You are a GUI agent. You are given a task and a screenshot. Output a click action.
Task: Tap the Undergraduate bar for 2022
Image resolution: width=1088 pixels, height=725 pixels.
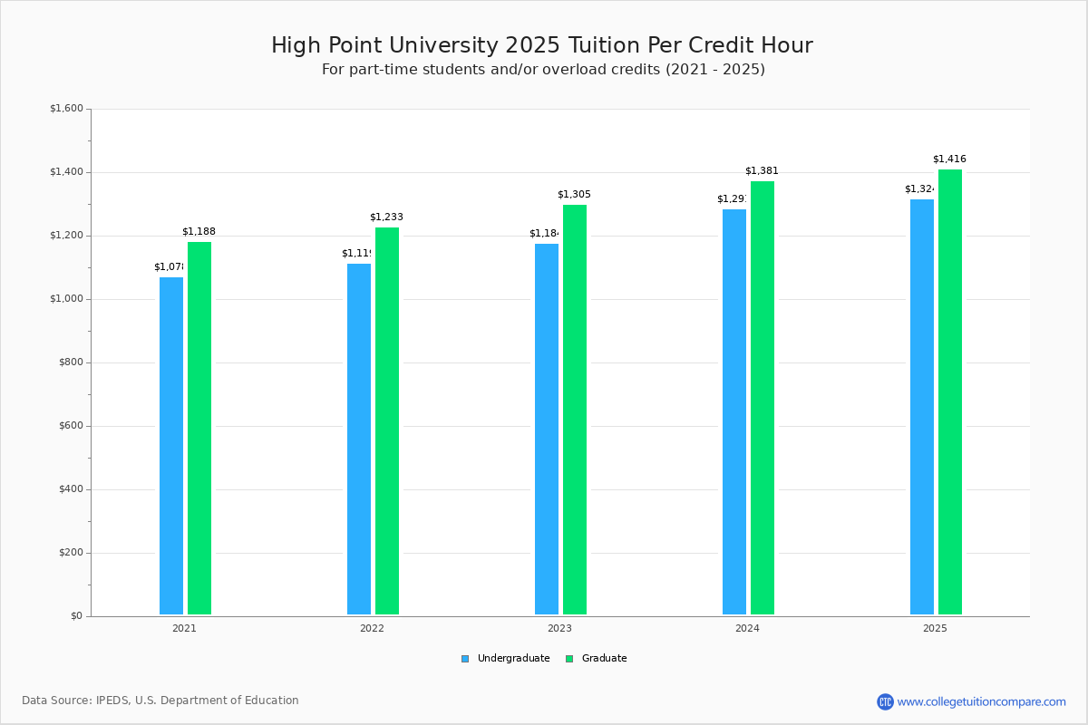pyautogui.click(x=359, y=439)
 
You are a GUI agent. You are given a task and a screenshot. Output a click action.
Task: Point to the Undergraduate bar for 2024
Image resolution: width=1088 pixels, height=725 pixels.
pyautogui.click(x=734, y=411)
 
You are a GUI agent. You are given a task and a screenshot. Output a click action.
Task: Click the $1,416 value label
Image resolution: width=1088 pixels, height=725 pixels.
pyautogui.click(x=949, y=159)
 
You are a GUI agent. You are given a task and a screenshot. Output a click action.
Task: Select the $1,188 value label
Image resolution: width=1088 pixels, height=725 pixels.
pyautogui.click(x=199, y=232)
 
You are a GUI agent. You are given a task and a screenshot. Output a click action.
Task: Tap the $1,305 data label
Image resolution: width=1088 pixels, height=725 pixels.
pyautogui.click(x=574, y=195)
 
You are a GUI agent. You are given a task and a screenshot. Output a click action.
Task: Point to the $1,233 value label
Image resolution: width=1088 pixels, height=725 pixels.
pyautogui.click(x=386, y=217)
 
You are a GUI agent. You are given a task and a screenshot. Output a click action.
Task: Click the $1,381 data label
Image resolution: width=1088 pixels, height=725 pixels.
pyautogui.click(x=762, y=171)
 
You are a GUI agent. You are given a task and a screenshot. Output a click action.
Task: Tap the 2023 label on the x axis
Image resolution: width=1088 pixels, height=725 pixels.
pyautogui.click(x=559, y=628)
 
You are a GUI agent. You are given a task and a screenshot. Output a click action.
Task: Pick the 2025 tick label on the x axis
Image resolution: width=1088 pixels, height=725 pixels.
pyautogui.click(x=935, y=628)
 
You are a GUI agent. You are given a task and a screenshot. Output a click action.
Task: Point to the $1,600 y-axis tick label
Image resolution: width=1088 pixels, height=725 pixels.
pyautogui.click(x=66, y=109)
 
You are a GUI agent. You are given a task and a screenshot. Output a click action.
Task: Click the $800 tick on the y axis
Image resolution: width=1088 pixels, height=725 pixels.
pyautogui.click(x=71, y=362)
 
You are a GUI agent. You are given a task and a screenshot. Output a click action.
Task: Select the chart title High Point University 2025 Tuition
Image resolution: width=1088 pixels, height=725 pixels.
pyautogui.click(x=542, y=46)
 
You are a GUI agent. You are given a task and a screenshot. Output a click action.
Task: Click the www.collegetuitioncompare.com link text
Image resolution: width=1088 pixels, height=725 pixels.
pyautogui.click(x=981, y=701)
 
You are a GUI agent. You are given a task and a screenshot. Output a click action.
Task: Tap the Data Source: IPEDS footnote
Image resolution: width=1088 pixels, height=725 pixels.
pyautogui.click(x=160, y=701)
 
